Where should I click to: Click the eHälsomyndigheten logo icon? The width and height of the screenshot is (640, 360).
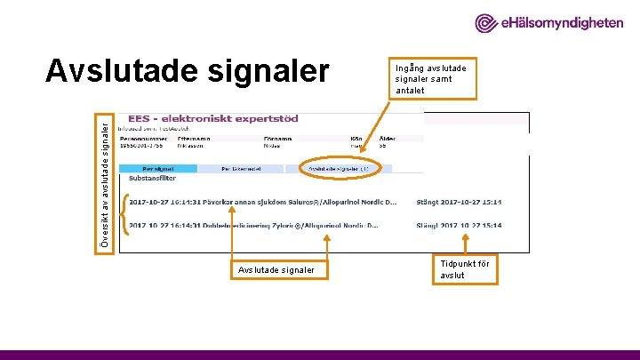[x=487, y=23]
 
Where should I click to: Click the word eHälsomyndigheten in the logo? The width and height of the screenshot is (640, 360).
[x=562, y=23]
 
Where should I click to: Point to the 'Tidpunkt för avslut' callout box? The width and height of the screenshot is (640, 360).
[x=464, y=268]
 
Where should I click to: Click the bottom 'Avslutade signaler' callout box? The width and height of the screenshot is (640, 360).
[x=276, y=269]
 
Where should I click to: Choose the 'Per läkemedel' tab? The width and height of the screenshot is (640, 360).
[x=239, y=167]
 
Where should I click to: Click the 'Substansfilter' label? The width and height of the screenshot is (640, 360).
[x=152, y=178]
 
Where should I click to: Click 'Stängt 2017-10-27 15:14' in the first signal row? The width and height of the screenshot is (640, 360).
[x=459, y=202]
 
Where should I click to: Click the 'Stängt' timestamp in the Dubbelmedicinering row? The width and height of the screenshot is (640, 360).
[x=459, y=226]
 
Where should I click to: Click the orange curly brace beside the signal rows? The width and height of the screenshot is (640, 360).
[x=124, y=213]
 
